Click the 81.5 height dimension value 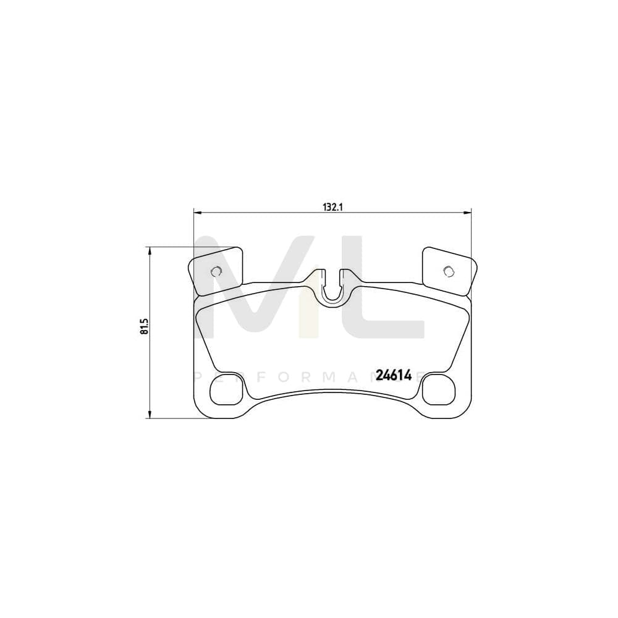click(x=145, y=327)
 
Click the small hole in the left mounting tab click(x=216, y=271)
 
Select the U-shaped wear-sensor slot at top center click(x=332, y=290)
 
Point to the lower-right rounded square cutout click(x=439, y=390)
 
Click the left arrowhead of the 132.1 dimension click(x=197, y=213)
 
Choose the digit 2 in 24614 click(x=379, y=375)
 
